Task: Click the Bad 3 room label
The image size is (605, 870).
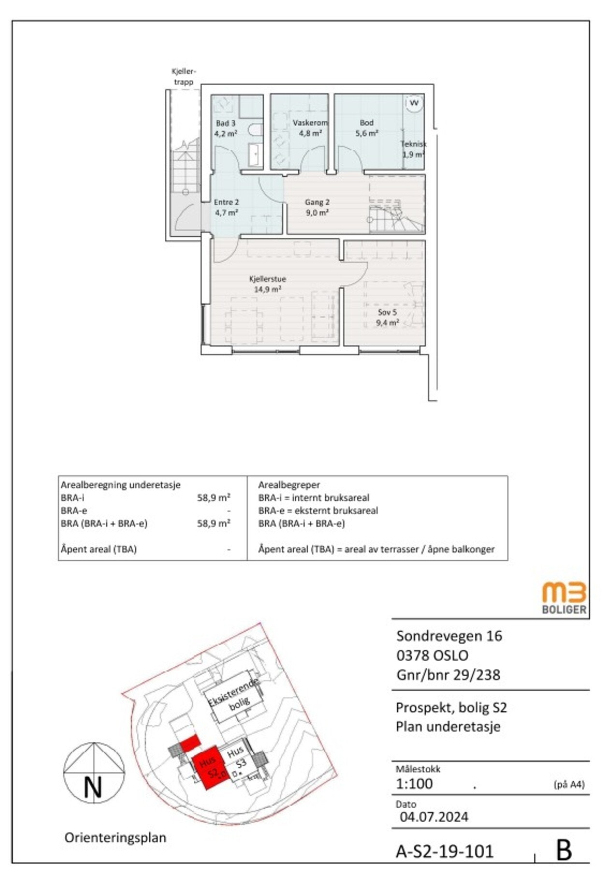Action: pos(226,128)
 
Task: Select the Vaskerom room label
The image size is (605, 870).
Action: pos(310,128)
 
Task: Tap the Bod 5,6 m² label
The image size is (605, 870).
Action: pos(367,128)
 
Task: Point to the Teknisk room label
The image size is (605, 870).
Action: pos(413,149)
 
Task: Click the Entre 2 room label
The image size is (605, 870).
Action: pos(226,207)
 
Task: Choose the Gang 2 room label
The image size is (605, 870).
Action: pos(317,207)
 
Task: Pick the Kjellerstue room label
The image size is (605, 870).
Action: pos(268,284)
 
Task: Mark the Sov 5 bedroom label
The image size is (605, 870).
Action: pos(388,318)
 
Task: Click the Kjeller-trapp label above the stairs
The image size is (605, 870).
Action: pos(184,77)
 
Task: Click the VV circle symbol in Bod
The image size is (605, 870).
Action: pos(414,103)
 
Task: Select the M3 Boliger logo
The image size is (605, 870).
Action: pos(564,598)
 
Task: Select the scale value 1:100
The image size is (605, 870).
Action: pos(414,783)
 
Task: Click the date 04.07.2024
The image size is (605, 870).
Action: pos(434,817)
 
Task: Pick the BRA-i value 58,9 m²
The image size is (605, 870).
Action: pos(214,497)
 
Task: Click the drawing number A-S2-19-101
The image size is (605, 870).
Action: pos(445,851)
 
